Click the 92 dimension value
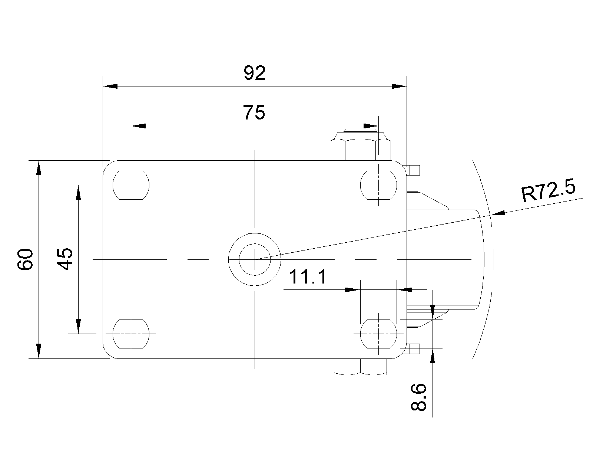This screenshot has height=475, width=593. point(254,73)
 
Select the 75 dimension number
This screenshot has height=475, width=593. point(254,112)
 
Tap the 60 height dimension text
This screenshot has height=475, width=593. point(25,259)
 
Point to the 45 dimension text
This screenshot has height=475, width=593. point(64,259)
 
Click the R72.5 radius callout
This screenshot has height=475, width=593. point(548,190)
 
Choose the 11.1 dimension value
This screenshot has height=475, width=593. point(308,276)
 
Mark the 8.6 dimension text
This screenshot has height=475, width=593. point(418,397)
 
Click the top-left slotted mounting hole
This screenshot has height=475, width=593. point(131,185)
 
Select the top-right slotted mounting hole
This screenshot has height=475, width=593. point(379,185)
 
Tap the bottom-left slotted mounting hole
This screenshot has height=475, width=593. point(131,334)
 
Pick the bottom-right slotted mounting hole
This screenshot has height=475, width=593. point(379,334)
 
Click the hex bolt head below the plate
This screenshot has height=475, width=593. point(360,367)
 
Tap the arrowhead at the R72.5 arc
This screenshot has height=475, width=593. point(498,213)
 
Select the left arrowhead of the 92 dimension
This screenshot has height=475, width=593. point(110,86)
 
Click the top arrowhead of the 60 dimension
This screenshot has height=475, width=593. point(39,168)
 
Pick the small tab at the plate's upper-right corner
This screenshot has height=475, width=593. point(413,170)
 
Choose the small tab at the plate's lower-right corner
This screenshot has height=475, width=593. point(413,348)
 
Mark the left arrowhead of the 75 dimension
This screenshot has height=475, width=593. point(138,126)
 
